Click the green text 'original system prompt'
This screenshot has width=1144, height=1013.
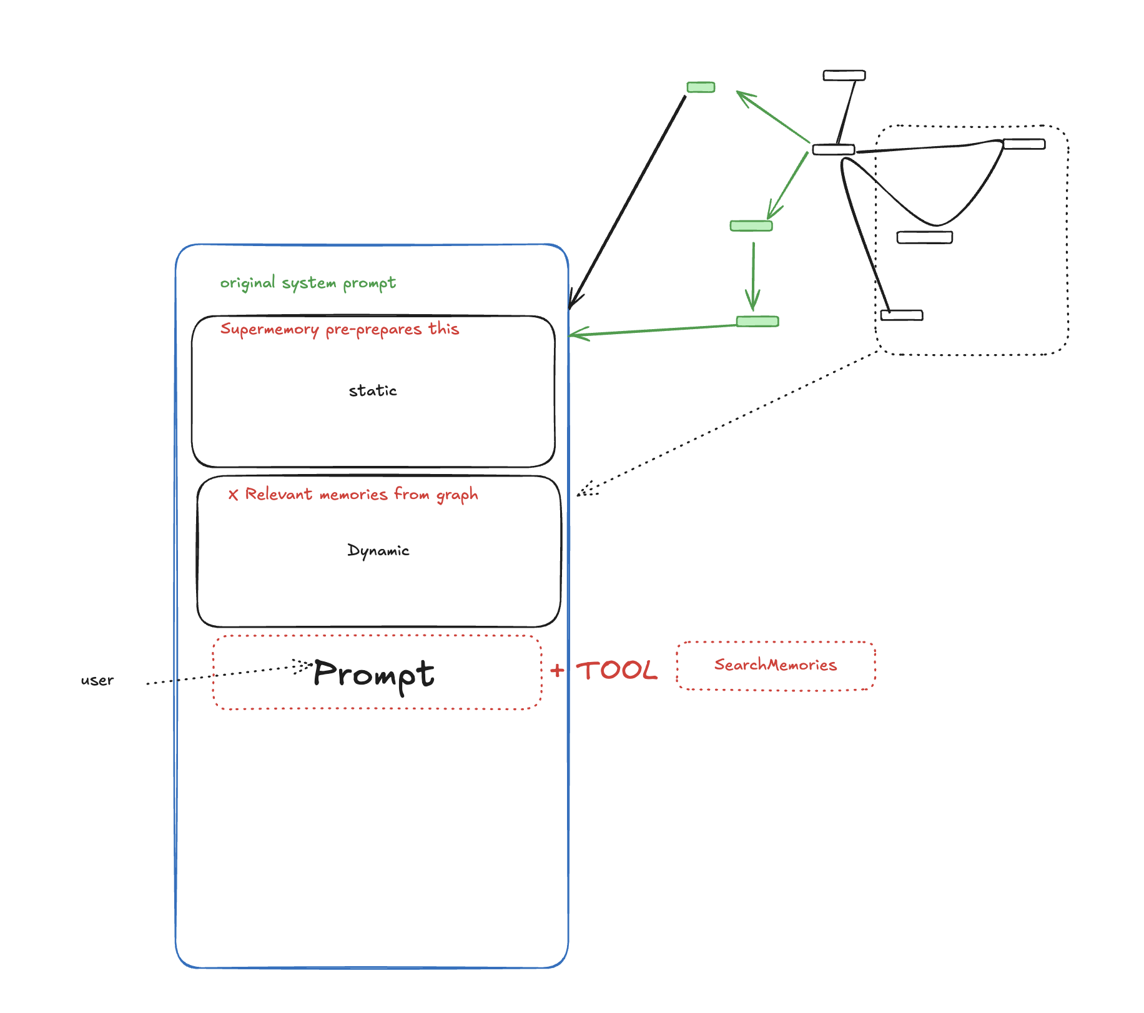(x=308, y=283)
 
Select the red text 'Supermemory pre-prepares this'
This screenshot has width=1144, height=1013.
(x=340, y=329)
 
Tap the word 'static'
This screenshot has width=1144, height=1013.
(x=373, y=391)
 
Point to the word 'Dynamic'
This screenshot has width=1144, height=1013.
(x=378, y=551)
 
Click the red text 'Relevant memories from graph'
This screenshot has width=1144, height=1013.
(x=362, y=495)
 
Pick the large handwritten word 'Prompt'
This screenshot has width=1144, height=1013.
(x=373, y=675)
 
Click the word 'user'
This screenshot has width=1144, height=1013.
(x=97, y=680)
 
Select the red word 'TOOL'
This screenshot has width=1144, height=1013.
(x=616, y=671)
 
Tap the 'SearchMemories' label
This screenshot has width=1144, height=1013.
(x=776, y=665)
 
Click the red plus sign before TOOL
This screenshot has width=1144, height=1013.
(x=557, y=671)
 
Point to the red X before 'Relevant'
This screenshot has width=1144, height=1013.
(x=233, y=495)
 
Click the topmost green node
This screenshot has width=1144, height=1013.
(x=701, y=87)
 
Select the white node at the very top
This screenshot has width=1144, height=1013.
(x=844, y=76)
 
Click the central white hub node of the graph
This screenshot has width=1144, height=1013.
(x=834, y=150)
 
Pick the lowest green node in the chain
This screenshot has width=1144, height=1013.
(x=757, y=322)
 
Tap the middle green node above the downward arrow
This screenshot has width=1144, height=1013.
(x=751, y=226)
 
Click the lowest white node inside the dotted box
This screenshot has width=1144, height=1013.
(x=902, y=315)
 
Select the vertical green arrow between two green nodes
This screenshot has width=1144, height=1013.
(x=753, y=275)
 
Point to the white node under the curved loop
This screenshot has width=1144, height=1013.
(x=925, y=237)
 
